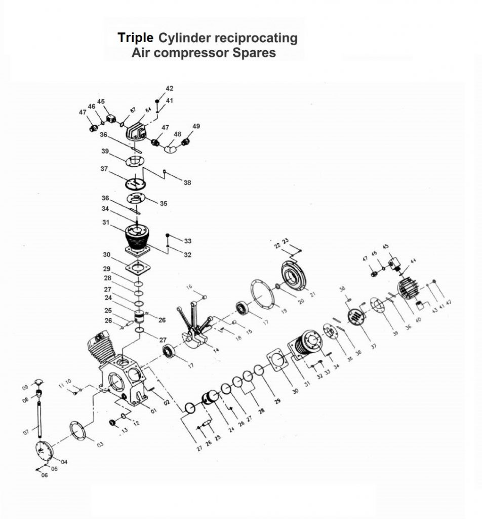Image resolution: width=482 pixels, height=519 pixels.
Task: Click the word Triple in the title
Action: coord(135,38)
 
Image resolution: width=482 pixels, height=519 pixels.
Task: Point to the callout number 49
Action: coord(196,126)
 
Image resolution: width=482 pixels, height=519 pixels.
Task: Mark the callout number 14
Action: coord(216,350)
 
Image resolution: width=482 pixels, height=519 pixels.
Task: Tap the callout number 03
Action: coord(100,444)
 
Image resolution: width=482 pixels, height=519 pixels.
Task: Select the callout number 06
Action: coord(45,475)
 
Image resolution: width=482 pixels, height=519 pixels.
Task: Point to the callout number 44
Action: coord(413,261)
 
